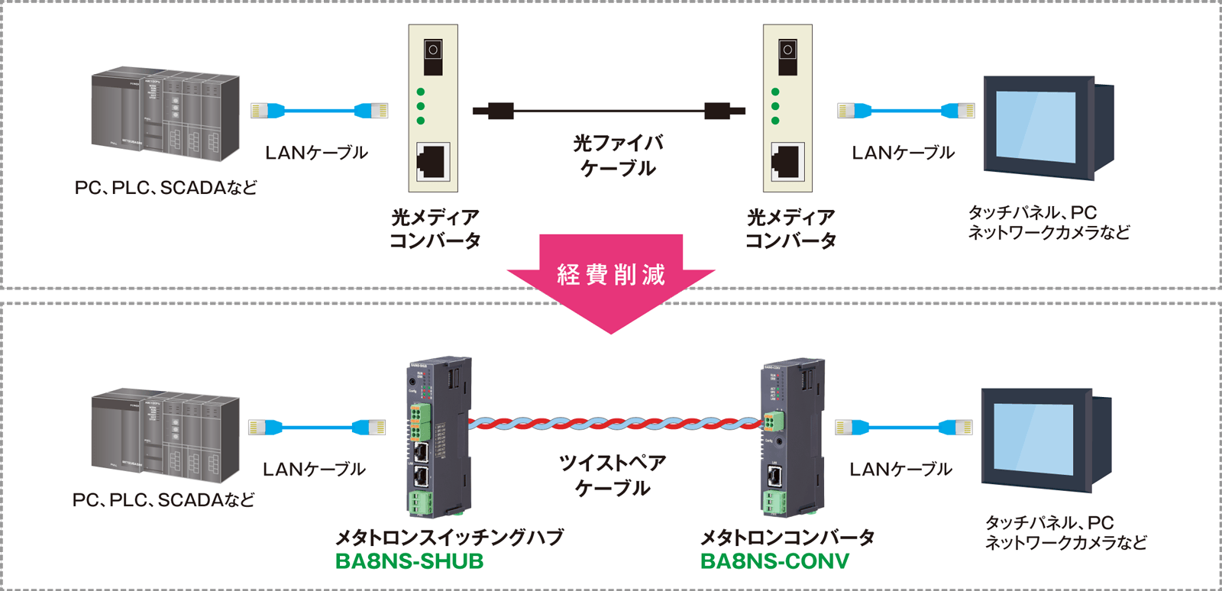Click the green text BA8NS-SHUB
click(x=409, y=561)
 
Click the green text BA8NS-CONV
click(x=774, y=561)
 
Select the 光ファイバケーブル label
click(x=618, y=155)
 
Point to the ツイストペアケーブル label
click(x=613, y=475)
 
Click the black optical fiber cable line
click(x=609, y=111)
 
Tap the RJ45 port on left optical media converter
click(x=433, y=161)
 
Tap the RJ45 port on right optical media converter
click(x=787, y=161)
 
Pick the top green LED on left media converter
click(x=420, y=92)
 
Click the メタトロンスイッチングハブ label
click(x=449, y=537)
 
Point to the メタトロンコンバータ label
click(x=787, y=537)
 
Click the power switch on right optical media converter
click(x=787, y=50)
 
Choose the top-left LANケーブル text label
click(x=316, y=153)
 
